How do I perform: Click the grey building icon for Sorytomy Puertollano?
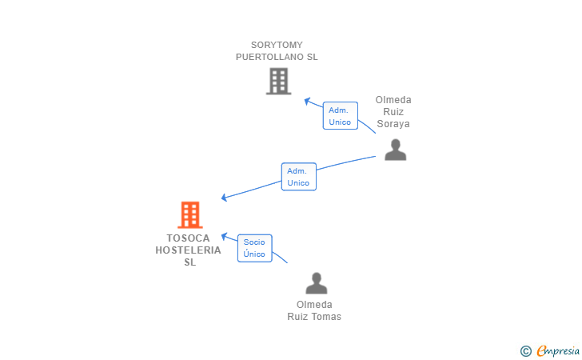(x=278, y=81)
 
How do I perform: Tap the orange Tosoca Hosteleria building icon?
(x=190, y=214)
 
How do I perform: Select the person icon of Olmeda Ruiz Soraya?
(x=395, y=150)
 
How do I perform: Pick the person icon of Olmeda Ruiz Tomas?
(x=317, y=283)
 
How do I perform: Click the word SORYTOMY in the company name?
(x=277, y=45)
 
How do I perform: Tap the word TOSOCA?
(x=188, y=238)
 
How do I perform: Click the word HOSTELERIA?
(x=188, y=250)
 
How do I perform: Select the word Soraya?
(x=393, y=124)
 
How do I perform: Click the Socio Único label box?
(x=254, y=248)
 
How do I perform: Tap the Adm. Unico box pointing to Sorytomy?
(x=341, y=115)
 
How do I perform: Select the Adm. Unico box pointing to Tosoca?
(x=299, y=177)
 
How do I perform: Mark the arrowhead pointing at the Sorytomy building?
(x=307, y=101)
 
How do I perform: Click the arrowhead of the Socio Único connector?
(x=224, y=236)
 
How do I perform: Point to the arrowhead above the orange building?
(x=224, y=198)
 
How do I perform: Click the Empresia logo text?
(x=558, y=351)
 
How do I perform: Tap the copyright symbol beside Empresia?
(x=525, y=351)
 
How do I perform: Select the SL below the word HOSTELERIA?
(x=190, y=262)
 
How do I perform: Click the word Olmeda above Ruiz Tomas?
(x=314, y=305)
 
